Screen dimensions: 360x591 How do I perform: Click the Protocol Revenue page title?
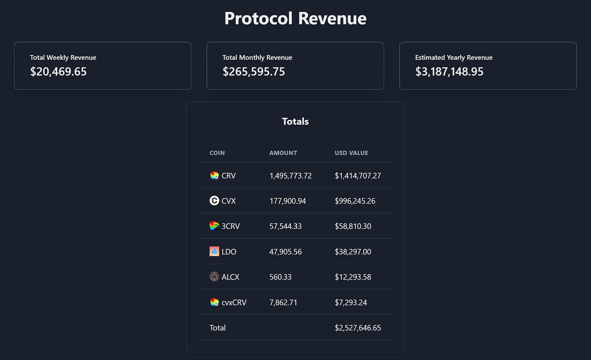(x=295, y=18)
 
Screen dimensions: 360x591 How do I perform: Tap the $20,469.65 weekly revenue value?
(x=58, y=72)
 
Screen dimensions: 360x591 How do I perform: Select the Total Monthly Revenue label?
(x=257, y=58)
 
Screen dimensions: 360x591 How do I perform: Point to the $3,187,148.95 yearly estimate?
(x=449, y=72)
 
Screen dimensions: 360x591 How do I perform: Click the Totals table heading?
(x=295, y=121)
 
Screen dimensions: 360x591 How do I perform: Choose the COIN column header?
(x=217, y=153)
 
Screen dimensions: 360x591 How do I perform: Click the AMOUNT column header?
(x=283, y=153)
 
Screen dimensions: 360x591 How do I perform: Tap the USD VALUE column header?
(x=351, y=153)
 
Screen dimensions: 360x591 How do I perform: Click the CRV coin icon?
(x=214, y=175)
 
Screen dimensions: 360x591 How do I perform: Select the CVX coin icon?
(x=214, y=200)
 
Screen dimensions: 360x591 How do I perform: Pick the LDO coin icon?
(x=214, y=251)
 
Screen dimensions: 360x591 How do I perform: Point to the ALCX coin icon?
(x=214, y=277)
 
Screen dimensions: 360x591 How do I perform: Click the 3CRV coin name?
(x=230, y=226)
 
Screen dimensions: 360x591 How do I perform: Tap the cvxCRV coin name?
(x=234, y=302)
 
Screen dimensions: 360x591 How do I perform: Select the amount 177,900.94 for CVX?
(x=287, y=201)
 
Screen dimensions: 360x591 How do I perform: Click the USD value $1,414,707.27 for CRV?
(x=358, y=176)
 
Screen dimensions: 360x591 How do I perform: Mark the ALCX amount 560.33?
(x=280, y=277)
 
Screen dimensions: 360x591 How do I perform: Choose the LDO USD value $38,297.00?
(x=353, y=252)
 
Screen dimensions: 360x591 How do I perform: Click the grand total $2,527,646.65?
(x=358, y=328)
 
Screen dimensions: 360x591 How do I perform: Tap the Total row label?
(x=217, y=328)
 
